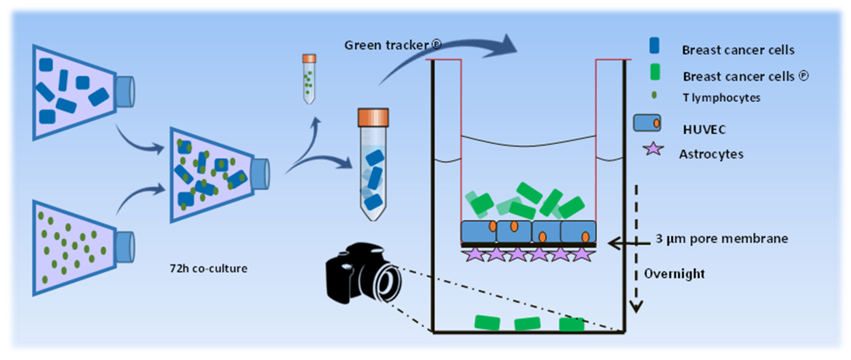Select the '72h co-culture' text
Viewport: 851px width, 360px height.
click(x=209, y=268)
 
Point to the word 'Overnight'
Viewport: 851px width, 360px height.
click(x=674, y=274)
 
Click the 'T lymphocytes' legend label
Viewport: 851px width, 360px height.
click(x=722, y=98)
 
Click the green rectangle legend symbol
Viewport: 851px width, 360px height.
click(x=655, y=72)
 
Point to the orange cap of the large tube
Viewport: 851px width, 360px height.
click(x=373, y=117)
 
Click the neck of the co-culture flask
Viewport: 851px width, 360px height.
click(x=260, y=174)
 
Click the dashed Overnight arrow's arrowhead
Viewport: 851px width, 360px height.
click(x=636, y=306)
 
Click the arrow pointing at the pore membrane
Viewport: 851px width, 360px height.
click(x=629, y=244)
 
